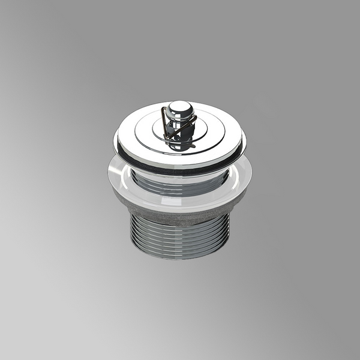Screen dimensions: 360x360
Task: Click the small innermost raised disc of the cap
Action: pos(180,133)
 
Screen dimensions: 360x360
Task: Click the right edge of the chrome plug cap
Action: pos(244,143)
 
